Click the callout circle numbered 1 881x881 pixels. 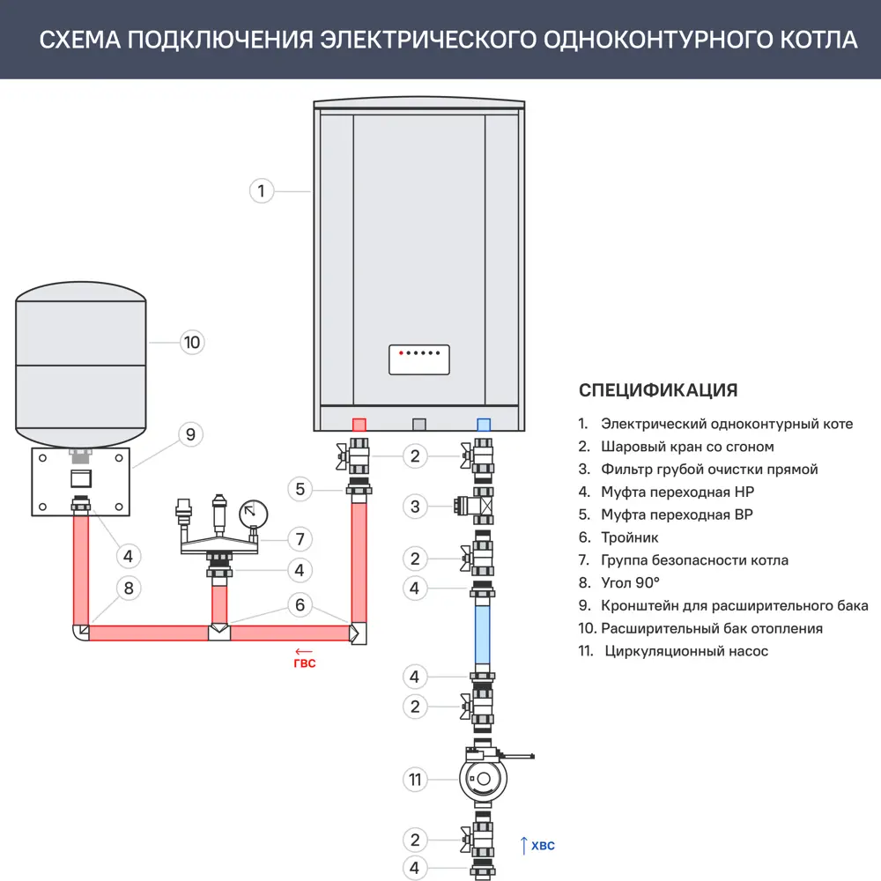[x=262, y=190]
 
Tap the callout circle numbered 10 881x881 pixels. [x=192, y=342]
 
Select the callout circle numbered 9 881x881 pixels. [x=190, y=434]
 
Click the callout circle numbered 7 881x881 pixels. [x=300, y=538]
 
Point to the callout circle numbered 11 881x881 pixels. [x=415, y=779]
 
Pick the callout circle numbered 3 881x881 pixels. [x=415, y=506]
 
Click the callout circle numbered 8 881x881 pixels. [x=129, y=588]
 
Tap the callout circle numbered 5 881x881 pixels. [x=300, y=488]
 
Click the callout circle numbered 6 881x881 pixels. [x=300, y=604]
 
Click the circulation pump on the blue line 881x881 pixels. [x=483, y=778]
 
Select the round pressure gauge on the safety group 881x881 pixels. [x=253, y=511]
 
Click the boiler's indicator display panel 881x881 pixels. [x=418, y=359]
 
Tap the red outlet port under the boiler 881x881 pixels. [x=359, y=424]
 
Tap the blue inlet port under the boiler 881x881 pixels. [x=483, y=424]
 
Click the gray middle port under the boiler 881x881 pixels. [x=419, y=424]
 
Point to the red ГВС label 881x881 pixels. [x=304, y=663]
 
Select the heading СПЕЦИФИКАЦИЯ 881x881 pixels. [x=657, y=390]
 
